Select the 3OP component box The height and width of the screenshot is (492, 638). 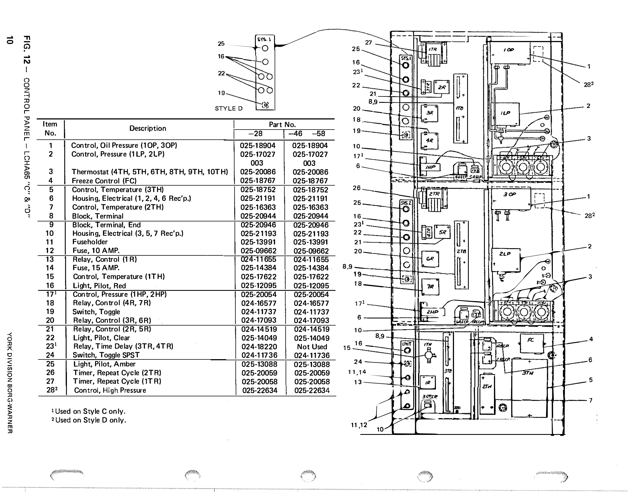click(x=511, y=199)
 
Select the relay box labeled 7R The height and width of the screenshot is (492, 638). click(x=430, y=287)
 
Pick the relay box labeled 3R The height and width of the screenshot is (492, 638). click(x=429, y=113)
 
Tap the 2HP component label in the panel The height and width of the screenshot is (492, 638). click(x=432, y=312)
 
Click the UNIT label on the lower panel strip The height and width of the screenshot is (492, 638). click(x=406, y=344)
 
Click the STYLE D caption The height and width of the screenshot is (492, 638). click(x=229, y=109)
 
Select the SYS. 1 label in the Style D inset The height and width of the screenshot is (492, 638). click(x=264, y=39)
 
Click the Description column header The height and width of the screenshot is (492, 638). click(x=148, y=128)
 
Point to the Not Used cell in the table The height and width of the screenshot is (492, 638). click(x=312, y=347)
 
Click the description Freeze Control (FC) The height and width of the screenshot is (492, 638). click(x=104, y=181)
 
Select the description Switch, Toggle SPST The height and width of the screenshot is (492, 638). click(x=106, y=355)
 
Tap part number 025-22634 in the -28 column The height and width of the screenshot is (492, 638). click(x=259, y=391)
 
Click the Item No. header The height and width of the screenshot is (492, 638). click(x=50, y=129)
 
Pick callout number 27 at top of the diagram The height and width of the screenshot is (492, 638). click(x=368, y=43)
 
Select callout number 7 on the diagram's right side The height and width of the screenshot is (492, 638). click(x=590, y=400)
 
